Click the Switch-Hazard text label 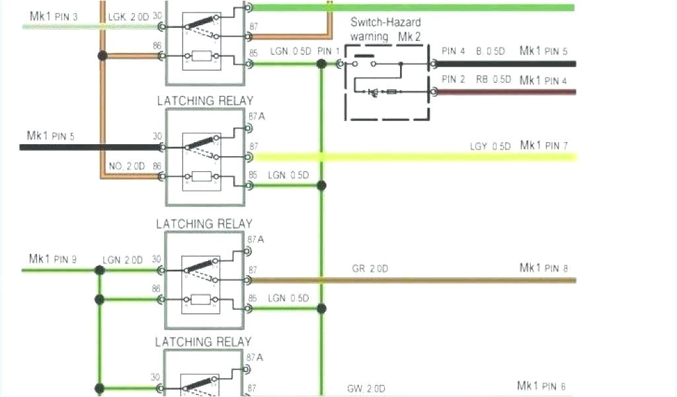coord(385,22)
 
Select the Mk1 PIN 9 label coord(53,259)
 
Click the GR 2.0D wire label coord(370,269)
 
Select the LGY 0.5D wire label coord(490,146)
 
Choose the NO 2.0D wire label coord(126,166)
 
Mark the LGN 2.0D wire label coord(123,260)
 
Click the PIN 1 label coord(329,51)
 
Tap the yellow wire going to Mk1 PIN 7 coord(410,157)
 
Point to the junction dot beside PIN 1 coord(321,64)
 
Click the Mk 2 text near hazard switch coord(409,37)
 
